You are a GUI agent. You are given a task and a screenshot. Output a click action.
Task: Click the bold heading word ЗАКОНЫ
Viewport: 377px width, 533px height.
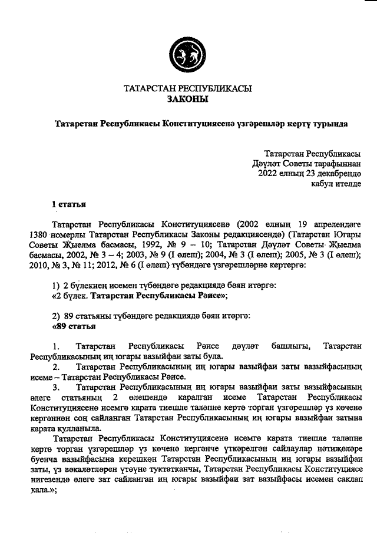pyautogui.click(x=188, y=100)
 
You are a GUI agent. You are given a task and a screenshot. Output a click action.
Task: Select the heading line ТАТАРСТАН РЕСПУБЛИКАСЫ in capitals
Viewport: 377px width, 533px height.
pyautogui.click(x=188, y=89)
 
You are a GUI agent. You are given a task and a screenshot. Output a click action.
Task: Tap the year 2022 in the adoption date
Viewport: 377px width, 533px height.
pyautogui.click(x=268, y=173)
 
